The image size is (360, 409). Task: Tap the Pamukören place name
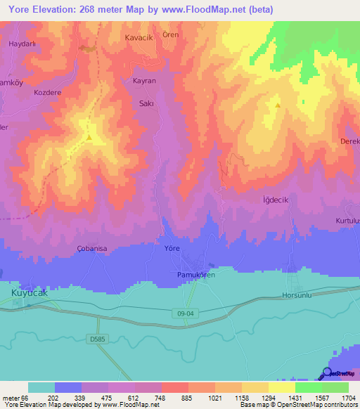[x=194, y=275]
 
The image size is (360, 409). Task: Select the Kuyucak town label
[x=30, y=293]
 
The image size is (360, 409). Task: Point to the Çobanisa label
[x=91, y=249]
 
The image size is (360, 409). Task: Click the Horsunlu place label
[x=296, y=296]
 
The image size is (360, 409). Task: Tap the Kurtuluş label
[x=347, y=221]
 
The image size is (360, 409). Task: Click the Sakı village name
[x=147, y=102]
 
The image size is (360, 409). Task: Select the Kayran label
[x=144, y=81]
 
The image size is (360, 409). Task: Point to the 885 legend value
[x=174, y=398]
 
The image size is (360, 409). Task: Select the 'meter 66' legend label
[x=14, y=398]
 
